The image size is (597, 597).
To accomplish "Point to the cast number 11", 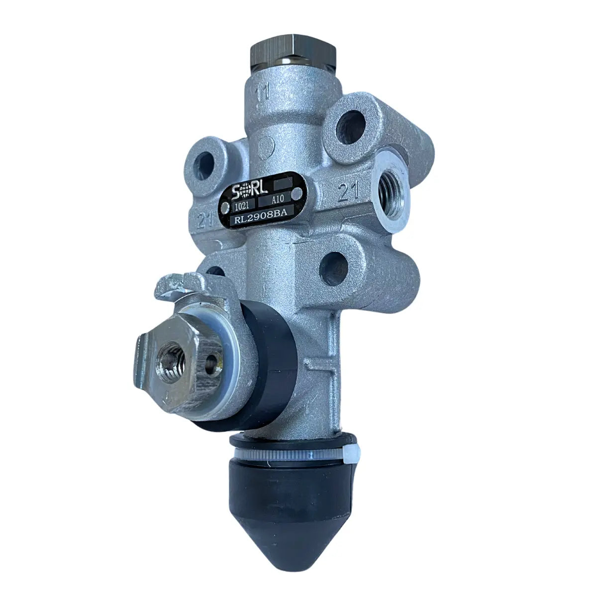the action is tap(262, 92).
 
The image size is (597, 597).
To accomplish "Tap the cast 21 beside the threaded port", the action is tap(348, 191).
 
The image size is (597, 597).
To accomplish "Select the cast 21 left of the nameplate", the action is tap(205, 222).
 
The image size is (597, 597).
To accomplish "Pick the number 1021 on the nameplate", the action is tap(243, 206).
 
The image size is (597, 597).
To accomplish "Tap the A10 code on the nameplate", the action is tap(277, 200).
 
